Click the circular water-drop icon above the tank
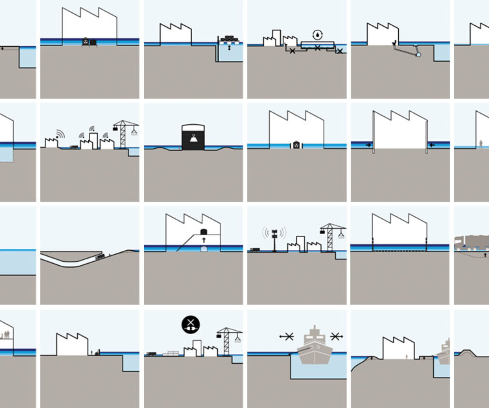pos(317,34)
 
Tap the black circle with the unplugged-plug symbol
pos(191,324)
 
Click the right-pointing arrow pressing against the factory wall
pos(368,145)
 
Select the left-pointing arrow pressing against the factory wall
pos(432,145)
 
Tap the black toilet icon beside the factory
pos(394,43)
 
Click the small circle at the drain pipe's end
pos(419,55)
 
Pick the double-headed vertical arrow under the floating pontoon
pos(229,48)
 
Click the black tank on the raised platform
pos(203,232)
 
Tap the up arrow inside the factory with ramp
pos(204,240)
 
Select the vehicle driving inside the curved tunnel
pos(100,257)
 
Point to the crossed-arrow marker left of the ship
pos(287,336)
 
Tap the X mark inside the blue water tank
pos(317,48)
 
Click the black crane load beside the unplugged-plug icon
pos(219,335)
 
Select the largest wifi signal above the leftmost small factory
pos(60,134)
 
